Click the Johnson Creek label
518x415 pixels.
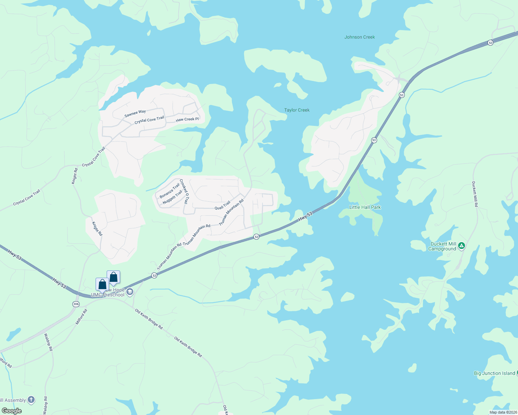pyautogui.click(x=359, y=37)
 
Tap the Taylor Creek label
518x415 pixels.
pyautogui.click(x=297, y=110)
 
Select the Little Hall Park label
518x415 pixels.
pyautogui.click(x=365, y=207)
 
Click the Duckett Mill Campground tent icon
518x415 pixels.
pyautogui.click(x=461, y=246)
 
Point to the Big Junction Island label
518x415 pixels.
pyautogui.click(x=494, y=373)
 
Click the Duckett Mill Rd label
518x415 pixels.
pyautogui.click(x=475, y=194)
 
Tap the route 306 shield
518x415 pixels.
pyautogui.click(x=76, y=304)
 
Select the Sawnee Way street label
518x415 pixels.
pyautogui.click(x=135, y=113)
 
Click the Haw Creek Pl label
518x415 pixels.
pyautogui.click(x=187, y=119)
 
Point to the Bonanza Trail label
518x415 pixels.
pyautogui.click(x=169, y=191)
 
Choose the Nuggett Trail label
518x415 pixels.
pyautogui.click(x=172, y=197)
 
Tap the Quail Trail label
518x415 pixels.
pyautogui.click(x=222, y=205)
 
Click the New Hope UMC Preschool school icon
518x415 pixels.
pyautogui.click(x=130, y=292)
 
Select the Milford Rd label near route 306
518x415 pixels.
pyautogui.click(x=82, y=316)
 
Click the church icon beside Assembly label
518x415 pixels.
pyautogui.click(x=31, y=400)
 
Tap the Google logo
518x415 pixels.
pyautogui.click(x=11, y=411)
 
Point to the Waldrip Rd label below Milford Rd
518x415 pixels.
pyautogui.click(x=48, y=342)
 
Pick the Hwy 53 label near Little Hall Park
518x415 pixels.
pyautogui.click(x=305, y=216)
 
